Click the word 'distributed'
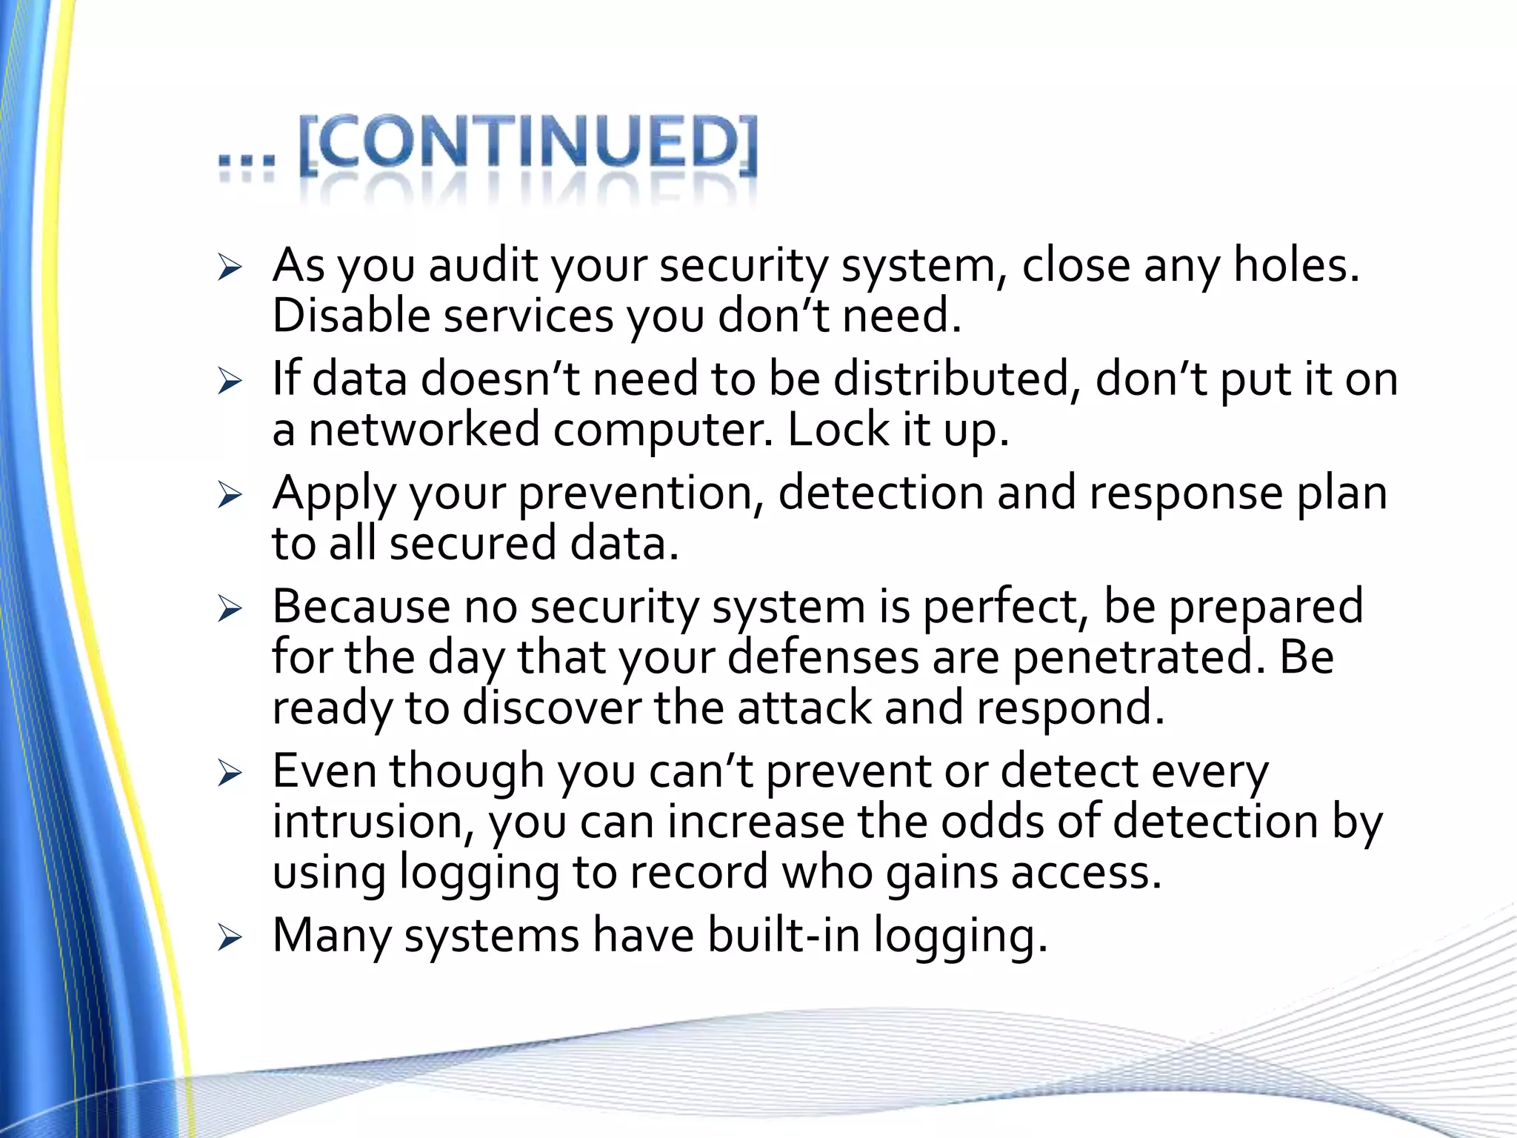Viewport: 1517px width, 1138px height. click(x=952, y=379)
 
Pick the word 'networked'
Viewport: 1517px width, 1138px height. click(x=424, y=430)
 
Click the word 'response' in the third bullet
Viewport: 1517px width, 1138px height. click(x=1186, y=493)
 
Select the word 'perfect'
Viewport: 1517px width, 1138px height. click(x=1006, y=607)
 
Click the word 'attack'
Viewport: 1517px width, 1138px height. click(x=803, y=708)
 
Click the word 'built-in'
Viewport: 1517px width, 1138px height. click(x=784, y=936)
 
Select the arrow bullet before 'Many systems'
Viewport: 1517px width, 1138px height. click(x=230, y=939)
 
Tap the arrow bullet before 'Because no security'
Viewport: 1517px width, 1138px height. click(x=230, y=610)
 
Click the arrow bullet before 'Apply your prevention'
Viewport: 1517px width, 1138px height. click(x=230, y=496)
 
